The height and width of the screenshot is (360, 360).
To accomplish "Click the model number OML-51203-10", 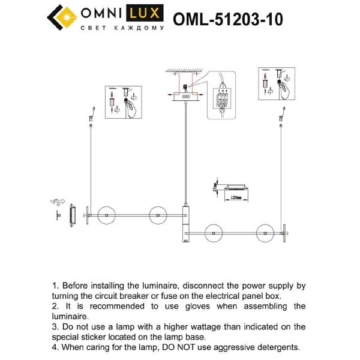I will (x=227, y=20).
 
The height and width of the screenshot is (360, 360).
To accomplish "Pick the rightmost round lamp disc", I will (x=264, y=232).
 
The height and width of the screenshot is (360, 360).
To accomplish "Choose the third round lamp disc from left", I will (x=213, y=232).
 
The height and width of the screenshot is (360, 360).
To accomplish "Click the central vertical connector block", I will (x=185, y=223).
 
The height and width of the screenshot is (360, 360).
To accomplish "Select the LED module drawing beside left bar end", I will (x=72, y=215).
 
